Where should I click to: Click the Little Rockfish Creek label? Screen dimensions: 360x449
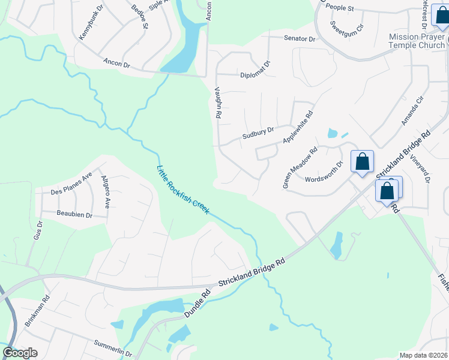coord(182,190)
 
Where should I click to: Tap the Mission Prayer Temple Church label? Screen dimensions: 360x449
coord(417,41)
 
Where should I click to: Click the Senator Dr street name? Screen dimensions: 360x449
coord(300,38)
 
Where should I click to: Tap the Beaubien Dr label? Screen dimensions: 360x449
coord(74,214)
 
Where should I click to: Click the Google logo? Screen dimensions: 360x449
coord(20,353)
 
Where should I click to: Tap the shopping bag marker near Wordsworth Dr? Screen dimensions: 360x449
coord(362,162)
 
